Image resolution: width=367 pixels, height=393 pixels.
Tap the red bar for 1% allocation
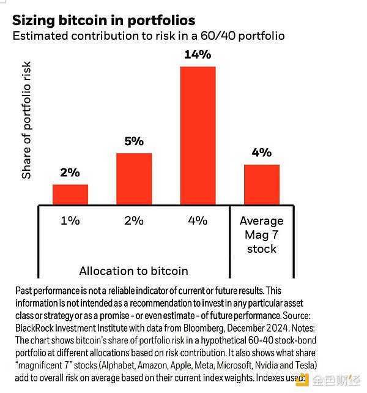pos(70,195)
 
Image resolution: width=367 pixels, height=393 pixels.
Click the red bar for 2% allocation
pos(134,179)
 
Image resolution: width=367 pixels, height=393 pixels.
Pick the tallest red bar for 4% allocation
pos(198,135)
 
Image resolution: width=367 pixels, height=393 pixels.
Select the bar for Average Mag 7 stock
pos(262,184)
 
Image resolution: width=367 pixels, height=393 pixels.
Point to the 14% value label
pos(198,55)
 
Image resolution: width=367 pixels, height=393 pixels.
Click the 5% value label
pos(134,141)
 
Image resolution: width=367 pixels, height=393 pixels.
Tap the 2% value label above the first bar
pos(70,173)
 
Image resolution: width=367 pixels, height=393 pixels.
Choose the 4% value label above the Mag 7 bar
pos(262,152)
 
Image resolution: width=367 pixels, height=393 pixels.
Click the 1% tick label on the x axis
pos(70,220)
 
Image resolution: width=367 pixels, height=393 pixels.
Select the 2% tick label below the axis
pos(134,220)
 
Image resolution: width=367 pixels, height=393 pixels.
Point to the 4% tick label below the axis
pos(198,220)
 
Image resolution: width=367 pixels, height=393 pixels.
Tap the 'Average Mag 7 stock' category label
pos(262,234)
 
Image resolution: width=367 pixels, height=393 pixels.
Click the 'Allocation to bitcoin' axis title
pos(133,270)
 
